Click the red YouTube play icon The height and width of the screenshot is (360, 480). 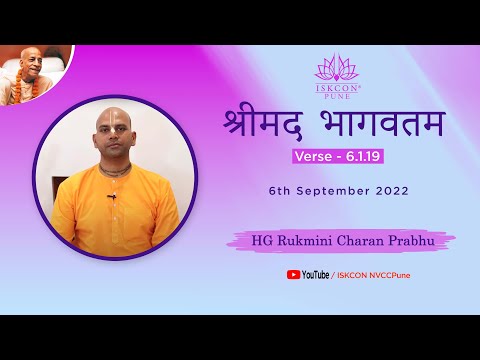293,274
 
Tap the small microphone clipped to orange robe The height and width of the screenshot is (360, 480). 112,196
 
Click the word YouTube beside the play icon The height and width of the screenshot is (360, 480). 316,275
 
